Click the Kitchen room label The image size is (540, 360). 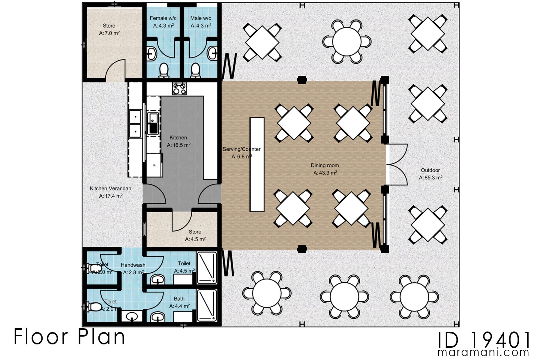[178, 138]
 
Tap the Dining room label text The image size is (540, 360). [325, 165]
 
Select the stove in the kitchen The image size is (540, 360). [179, 89]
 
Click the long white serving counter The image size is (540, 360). [257, 165]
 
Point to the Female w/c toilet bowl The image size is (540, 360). [164, 70]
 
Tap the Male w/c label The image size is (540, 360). [201, 18]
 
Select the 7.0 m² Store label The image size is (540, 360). [109, 26]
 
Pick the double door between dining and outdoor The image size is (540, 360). [397, 164]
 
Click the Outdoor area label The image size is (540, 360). [430, 170]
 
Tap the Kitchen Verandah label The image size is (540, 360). [110, 188]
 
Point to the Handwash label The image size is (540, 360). [133, 265]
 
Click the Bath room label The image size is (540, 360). [179, 299]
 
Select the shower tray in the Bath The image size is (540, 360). [207, 305]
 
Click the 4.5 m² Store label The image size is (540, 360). [195, 232]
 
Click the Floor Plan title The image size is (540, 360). [69, 337]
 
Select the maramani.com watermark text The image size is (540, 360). [483, 352]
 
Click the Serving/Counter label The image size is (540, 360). [241, 149]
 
